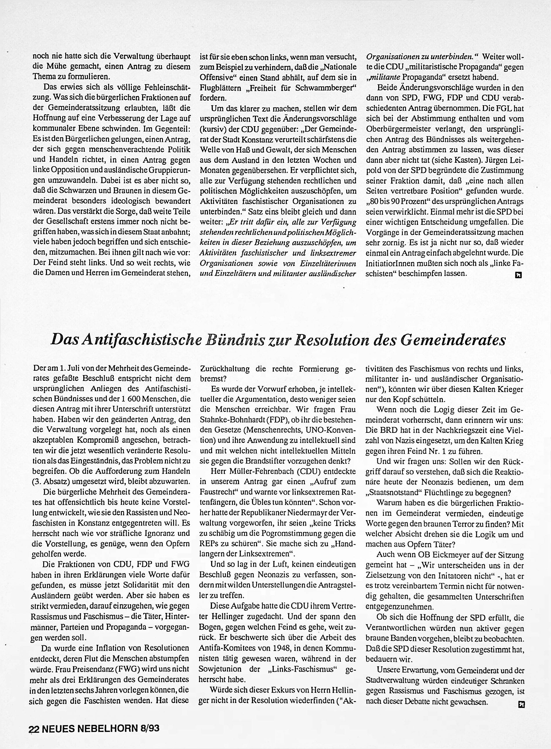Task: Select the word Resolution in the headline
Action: [336, 340]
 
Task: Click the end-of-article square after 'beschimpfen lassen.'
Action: [518, 275]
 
